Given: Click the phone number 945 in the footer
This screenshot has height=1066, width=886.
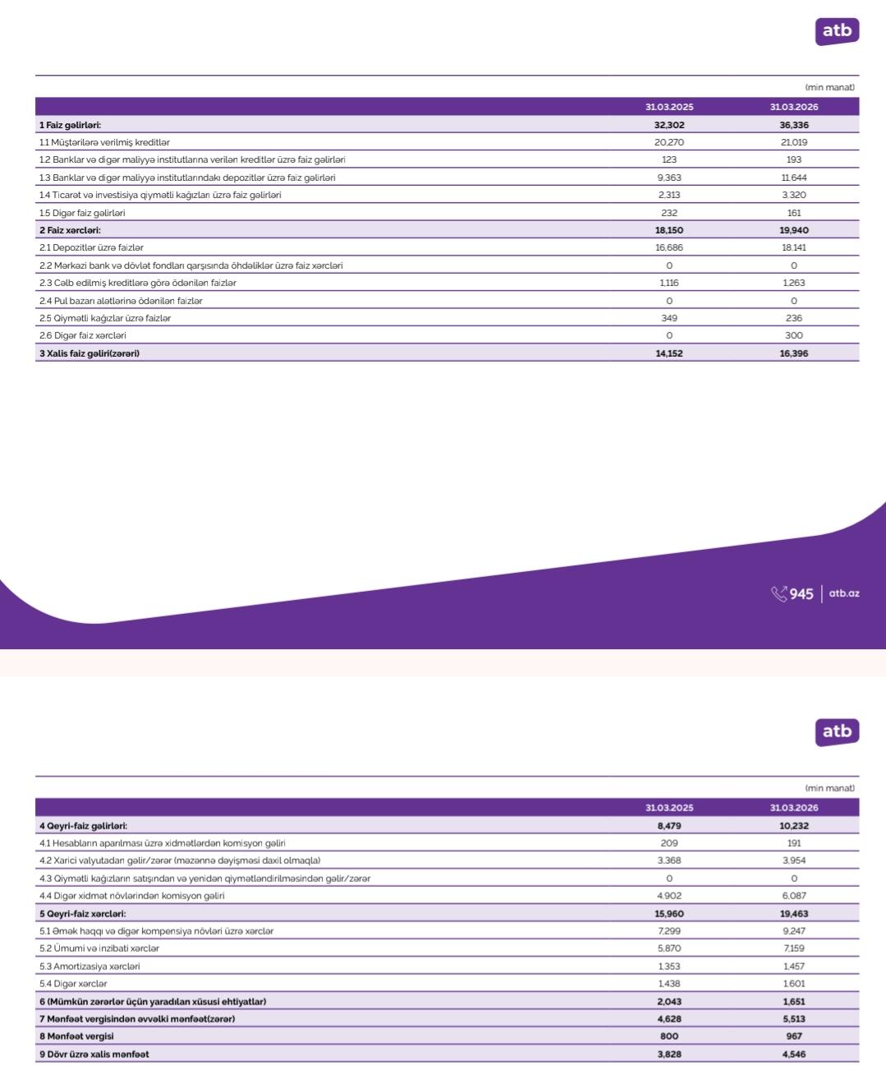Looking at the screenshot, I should (801, 593).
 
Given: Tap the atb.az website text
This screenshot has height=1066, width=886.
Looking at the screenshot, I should (844, 593).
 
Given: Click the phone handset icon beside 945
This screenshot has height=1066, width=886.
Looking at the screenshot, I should (778, 593).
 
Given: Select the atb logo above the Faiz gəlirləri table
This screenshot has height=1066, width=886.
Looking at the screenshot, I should (837, 31).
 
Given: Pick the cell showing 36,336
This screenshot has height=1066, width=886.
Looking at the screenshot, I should (794, 125).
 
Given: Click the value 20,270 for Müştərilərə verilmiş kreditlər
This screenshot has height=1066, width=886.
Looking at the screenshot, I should (669, 142).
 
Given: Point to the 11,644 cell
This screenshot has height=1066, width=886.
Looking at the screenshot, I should (794, 178).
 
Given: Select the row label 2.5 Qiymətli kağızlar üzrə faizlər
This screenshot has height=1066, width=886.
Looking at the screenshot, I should (105, 318).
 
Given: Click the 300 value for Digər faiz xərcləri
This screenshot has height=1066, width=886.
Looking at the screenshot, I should (794, 335).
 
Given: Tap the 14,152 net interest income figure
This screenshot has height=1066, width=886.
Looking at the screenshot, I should (669, 353).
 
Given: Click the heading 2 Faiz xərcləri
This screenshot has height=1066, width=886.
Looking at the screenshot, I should (70, 230).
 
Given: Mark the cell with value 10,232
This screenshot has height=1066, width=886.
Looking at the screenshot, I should (794, 826).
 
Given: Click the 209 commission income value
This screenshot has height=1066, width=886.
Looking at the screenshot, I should (669, 843).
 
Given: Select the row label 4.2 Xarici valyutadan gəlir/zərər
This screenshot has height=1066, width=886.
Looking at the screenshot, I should (180, 861).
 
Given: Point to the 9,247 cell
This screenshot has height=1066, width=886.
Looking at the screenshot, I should (794, 931).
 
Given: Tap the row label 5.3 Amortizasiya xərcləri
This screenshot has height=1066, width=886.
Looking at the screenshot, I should (90, 967).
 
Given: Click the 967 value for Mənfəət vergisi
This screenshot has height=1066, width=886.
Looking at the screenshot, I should (794, 1036).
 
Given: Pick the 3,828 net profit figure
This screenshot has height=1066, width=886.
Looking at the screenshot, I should (669, 1054).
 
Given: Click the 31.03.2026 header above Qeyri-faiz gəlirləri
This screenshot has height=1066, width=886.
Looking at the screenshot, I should (794, 808).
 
